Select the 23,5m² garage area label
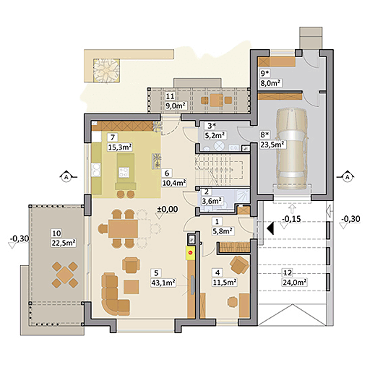[272, 144]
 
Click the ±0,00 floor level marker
[168, 210]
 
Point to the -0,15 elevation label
[291, 219]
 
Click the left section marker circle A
[65, 176]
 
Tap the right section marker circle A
[346, 176]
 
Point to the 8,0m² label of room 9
[271, 83]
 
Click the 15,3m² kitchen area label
[119, 147]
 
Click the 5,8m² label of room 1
[223, 231]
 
